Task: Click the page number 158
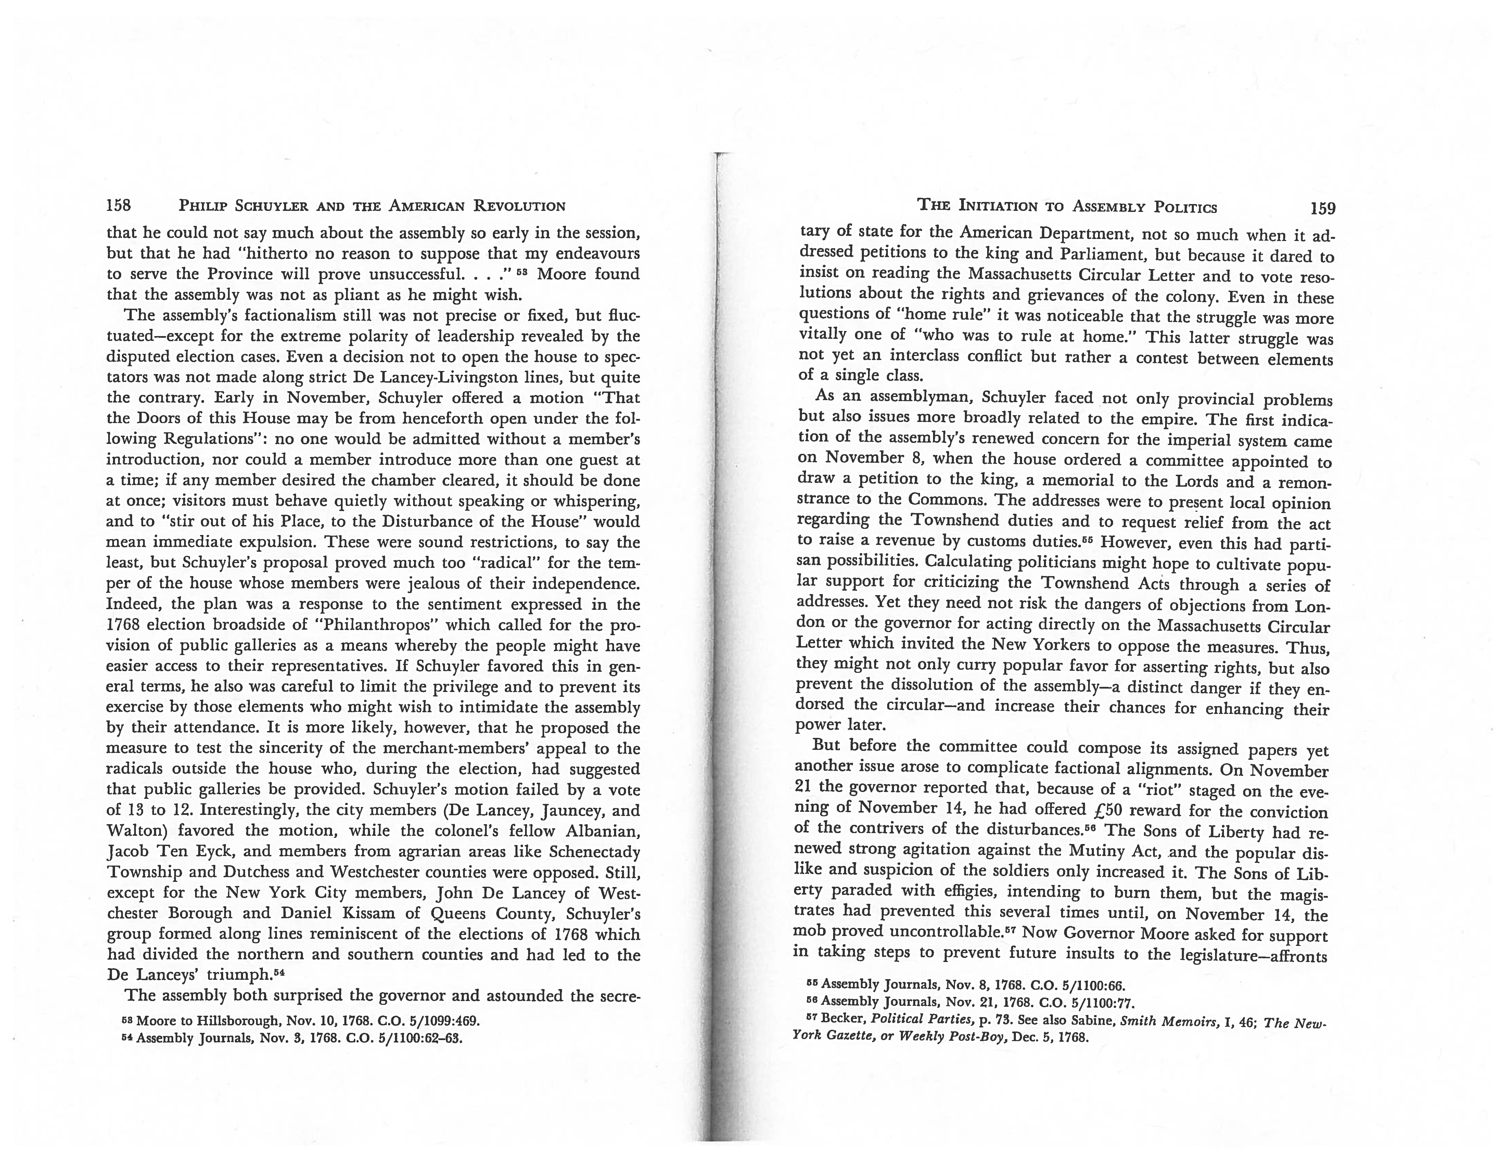[119, 205]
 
